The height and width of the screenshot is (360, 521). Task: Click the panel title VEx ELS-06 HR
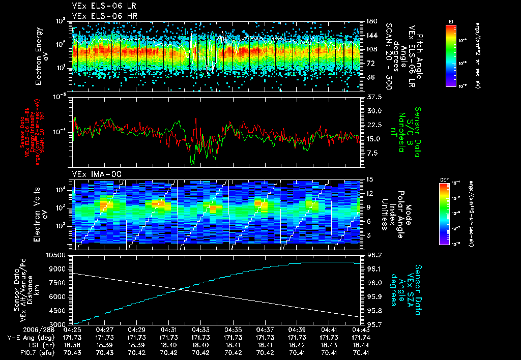[98, 16]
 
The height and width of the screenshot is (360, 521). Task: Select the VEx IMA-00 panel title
[91, 174]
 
